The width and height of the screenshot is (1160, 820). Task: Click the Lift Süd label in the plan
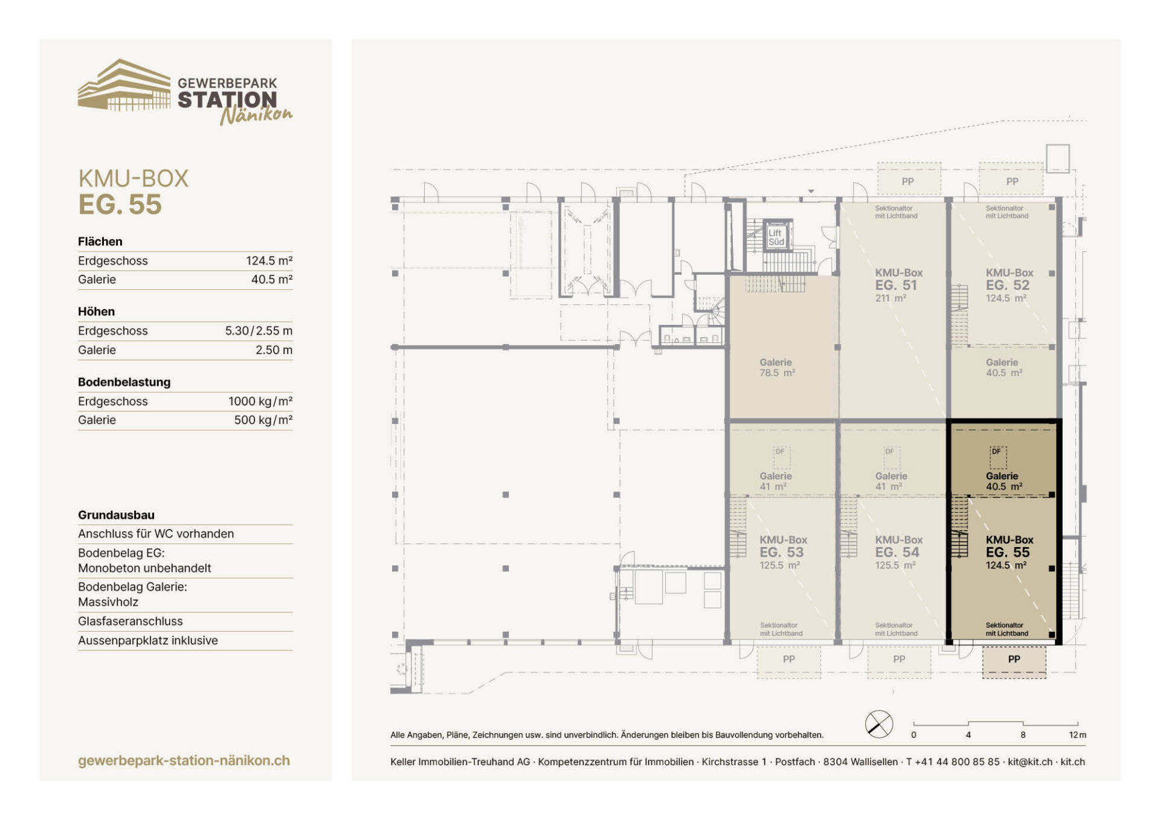(776, 237)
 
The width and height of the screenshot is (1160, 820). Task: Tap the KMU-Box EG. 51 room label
(898, 285)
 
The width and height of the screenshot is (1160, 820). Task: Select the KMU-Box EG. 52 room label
(1009, 285)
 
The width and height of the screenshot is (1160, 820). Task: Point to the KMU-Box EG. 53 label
(783, 552)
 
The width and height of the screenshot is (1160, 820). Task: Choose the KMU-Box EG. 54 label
(898, 552)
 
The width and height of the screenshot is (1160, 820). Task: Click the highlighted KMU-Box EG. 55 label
(1009, 552)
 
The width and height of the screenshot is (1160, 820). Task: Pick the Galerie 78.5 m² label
(777, 367)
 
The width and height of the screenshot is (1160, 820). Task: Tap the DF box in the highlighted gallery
(998, 456)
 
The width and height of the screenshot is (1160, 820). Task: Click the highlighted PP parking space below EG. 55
(1014, 662)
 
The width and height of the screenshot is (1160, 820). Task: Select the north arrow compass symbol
(879, 724)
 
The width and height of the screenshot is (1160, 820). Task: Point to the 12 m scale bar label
(1077, 735)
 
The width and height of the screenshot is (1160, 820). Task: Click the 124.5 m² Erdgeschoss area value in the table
(269, 261)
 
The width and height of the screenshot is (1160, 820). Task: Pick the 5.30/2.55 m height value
(259, 331)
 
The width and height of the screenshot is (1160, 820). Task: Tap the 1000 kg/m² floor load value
(260, 402)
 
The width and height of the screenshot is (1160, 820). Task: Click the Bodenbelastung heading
(124, 382)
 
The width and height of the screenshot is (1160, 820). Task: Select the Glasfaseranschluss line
(130, 621)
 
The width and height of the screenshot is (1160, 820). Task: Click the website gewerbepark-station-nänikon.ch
(184, 761)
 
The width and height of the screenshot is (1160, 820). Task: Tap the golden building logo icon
(124, 85)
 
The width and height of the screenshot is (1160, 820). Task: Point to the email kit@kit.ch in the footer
(1030, 762)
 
